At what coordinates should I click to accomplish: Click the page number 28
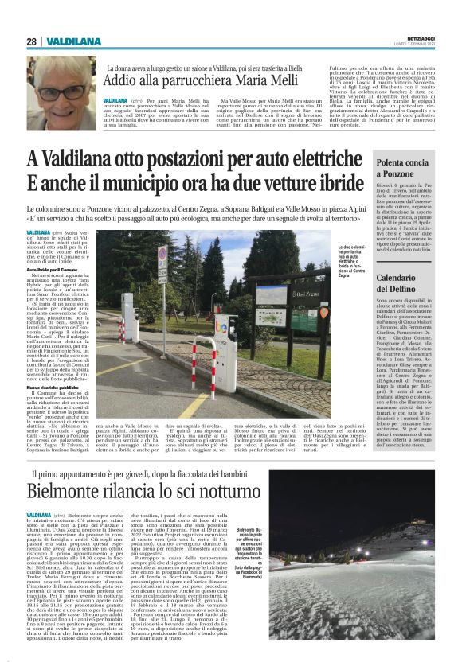31,41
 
